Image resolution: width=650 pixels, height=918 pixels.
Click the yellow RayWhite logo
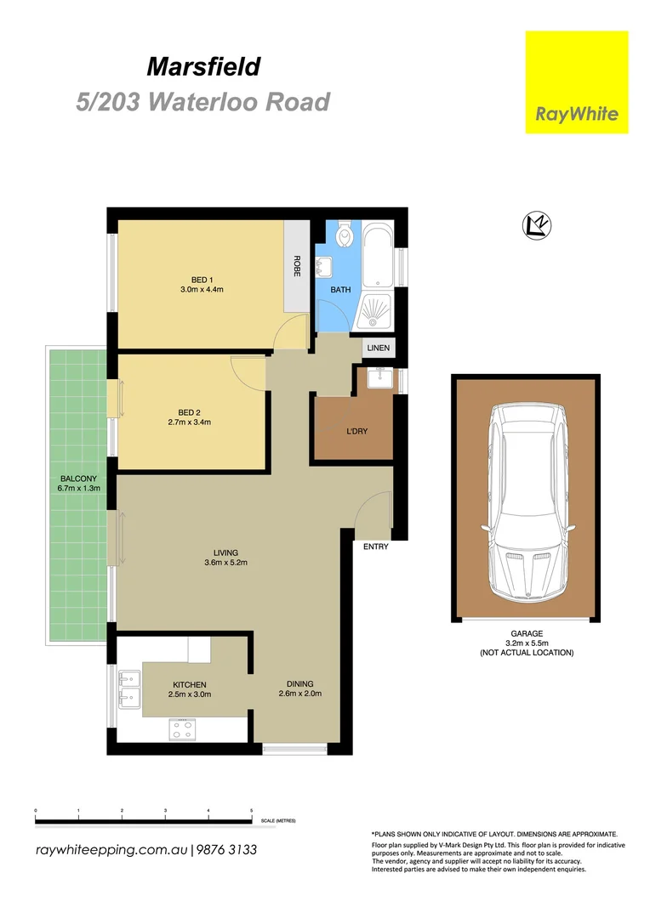click(576, 82)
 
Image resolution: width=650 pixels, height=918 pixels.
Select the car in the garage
click(524, 501)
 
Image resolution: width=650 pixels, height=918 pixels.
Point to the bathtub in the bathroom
click(377, 255)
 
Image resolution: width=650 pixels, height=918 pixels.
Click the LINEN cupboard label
click(377, 348)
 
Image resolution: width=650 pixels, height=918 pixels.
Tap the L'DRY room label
click(356, 432)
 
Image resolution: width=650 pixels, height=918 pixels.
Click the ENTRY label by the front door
click(375, 547)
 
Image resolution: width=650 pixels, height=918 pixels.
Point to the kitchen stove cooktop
click(183, 728)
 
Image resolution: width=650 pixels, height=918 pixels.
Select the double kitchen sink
click(129, 690)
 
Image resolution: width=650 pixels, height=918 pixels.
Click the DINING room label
click(299, 683)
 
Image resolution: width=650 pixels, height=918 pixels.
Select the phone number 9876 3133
click(227, 850)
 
